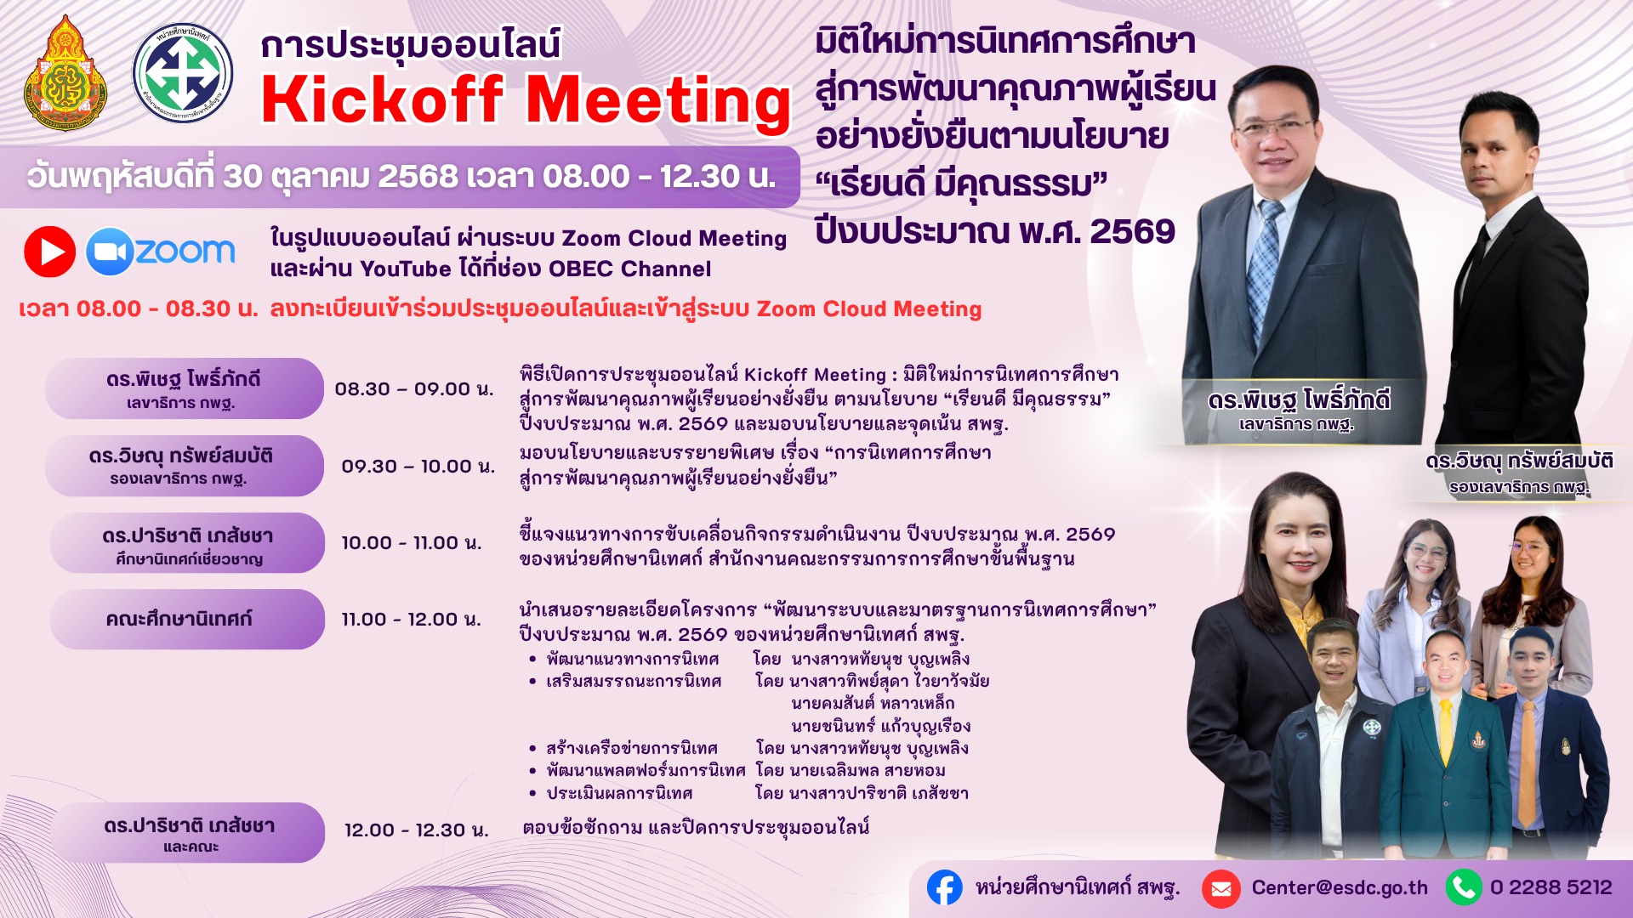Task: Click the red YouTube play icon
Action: [x=49, y=252]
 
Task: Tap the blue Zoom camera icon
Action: [x=110, y=252]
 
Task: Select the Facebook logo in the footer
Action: [x=944, y=887]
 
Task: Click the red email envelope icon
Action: [x=1220, y=889]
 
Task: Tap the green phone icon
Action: [x=1464, y=887]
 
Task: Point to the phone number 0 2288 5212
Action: [x=1551, y=887]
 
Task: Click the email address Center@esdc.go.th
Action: [x=1340, y=888]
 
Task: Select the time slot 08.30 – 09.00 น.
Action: [x=413, y=389]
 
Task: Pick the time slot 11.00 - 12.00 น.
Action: [x=412, y=620]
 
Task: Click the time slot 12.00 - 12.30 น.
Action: [x=416, y=830]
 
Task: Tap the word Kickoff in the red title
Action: [x=383, y=100]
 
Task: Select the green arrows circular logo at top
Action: [x=183, y=73]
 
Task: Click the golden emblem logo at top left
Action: [x=65, y=73]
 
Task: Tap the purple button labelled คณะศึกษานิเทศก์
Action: [x=187, y=620]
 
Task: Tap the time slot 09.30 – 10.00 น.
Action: [x=418, y=467]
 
